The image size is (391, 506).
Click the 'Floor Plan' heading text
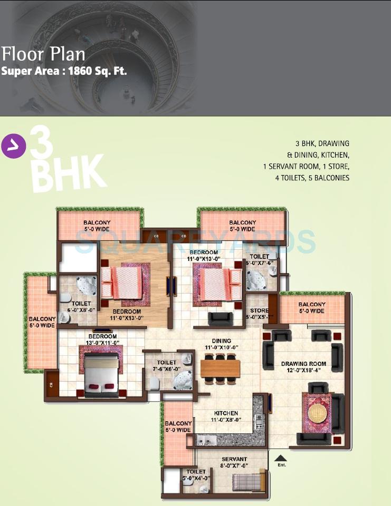[x=43, y=54]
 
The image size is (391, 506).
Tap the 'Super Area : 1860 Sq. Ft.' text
[x=64, y=71]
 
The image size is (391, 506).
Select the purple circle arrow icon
[x=14, y=147]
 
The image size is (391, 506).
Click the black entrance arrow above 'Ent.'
[x=281, y=459]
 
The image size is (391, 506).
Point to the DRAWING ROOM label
[x=303, y=364]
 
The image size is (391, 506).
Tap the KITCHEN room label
[x=226, y=413]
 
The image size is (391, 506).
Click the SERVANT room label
[x=234, y=459]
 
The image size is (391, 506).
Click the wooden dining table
[x=221, y=368]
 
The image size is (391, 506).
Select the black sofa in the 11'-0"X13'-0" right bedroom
[x=219, y=319]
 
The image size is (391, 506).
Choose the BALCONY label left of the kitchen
[x=178, y=426]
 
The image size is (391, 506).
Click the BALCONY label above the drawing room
[x=311, y=308]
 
